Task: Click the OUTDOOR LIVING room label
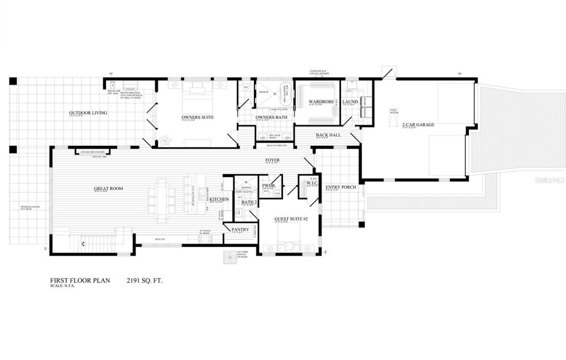[88, 113]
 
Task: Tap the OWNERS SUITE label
[198, 117]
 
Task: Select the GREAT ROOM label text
[108, 189]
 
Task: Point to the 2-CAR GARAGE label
[418, 125]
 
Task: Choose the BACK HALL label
[328, 135]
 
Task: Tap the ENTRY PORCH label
[341, 187]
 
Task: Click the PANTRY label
[241, 230]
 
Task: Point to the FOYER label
[272, 160]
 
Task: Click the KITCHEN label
[219, 199]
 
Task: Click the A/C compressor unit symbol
[230, 257]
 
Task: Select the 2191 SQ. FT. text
[145, 280]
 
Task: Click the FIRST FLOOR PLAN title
[80, 280]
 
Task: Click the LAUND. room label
[350, 102]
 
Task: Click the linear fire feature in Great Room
[92, 152]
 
